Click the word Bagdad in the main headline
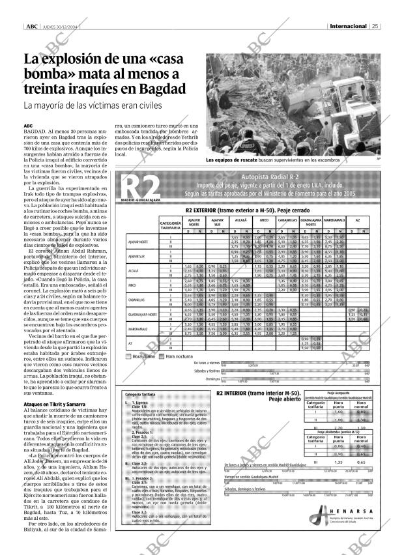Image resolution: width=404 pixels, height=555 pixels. [161, 89]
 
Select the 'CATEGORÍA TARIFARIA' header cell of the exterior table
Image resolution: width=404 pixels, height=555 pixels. [170, 225]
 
